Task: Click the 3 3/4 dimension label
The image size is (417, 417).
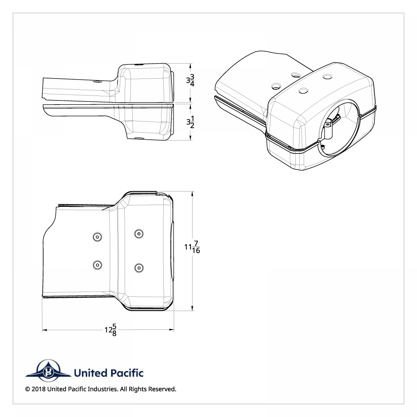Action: (x=190, y=81)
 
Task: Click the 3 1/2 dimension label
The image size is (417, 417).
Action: (x=190, y=122)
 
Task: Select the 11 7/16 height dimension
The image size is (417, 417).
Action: (x=192, y=247)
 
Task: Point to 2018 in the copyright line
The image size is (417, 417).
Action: (x=39, y=389)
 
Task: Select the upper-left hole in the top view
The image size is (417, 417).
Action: (x=97, y=237)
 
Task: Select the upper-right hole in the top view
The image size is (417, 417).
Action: (x=139, y=234)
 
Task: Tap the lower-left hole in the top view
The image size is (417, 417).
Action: (x=97, y=265)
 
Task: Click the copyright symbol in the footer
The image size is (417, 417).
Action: (x=27, y=389)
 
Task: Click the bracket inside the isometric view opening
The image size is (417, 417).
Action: (x=330, y=128)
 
